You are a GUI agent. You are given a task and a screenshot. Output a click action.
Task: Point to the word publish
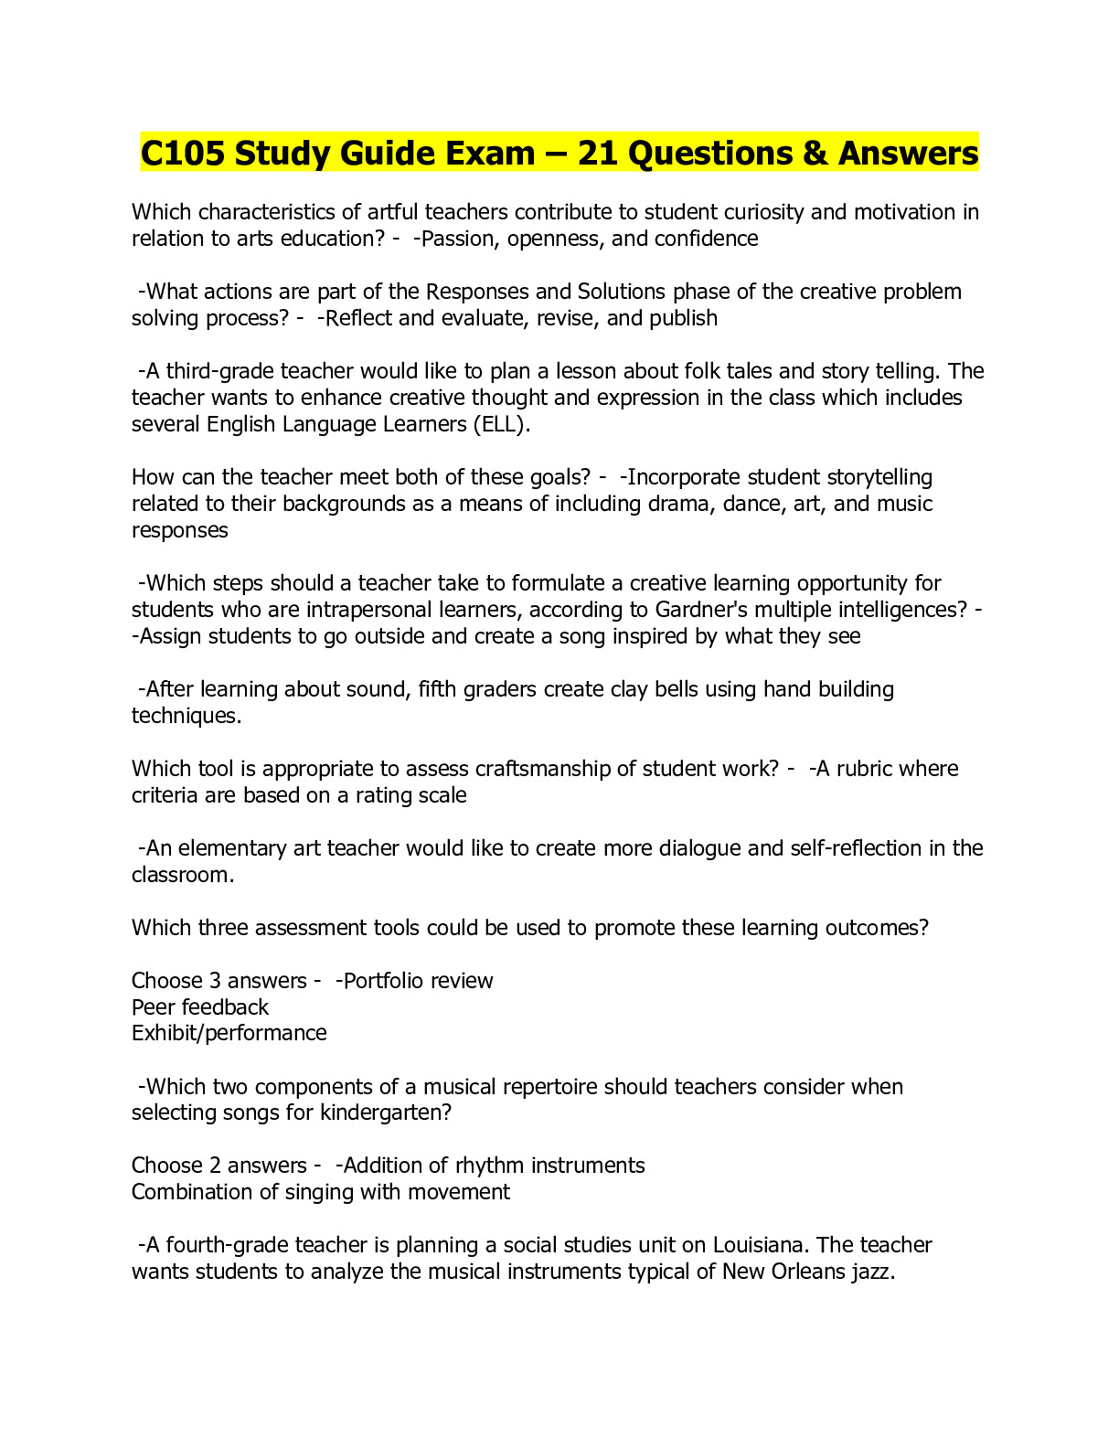(x=683, y=318)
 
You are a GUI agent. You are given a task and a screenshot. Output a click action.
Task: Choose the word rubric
(x=865, y=769)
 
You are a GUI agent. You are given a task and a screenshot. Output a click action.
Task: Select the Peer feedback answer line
(x=200, y=1007)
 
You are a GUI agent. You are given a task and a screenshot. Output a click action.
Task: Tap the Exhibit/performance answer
(x=229, y=1033)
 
